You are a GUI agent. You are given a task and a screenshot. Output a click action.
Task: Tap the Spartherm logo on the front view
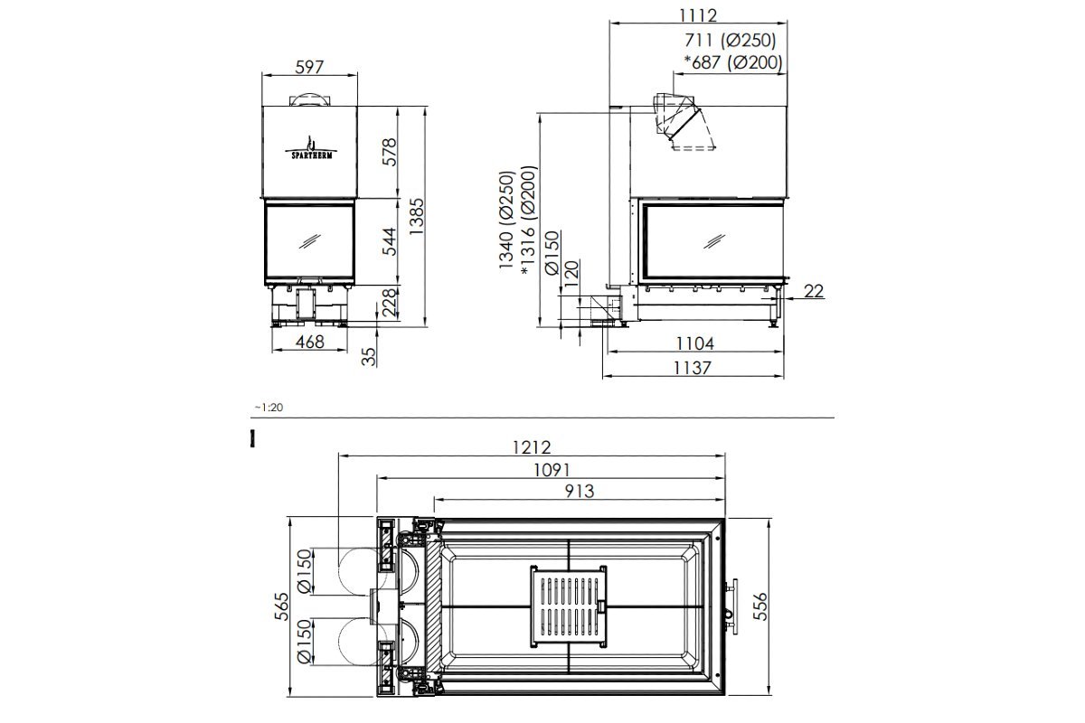point(309,147)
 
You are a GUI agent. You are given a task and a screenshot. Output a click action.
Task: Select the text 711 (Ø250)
point(731,40)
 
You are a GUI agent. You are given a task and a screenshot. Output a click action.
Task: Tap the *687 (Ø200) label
point(732,62)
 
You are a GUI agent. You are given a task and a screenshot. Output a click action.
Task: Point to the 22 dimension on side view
point(814,290)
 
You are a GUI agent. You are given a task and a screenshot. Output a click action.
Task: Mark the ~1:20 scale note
point(269,408)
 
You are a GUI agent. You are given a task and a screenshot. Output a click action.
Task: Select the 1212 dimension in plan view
point(532,447)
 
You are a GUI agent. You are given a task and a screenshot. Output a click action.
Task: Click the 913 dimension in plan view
point(579,491)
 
